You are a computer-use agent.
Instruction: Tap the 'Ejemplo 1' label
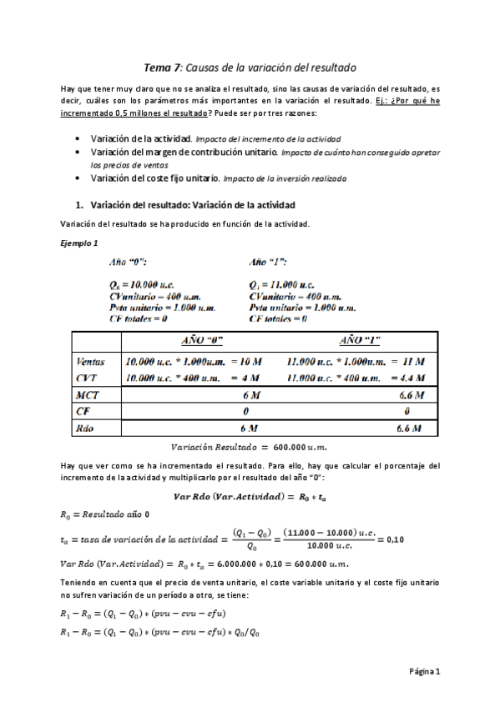point(80,243)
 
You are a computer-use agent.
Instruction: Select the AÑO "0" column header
point(201,340)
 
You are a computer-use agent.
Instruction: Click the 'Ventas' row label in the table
point(90,362)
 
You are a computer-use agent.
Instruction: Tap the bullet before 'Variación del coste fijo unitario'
point(78,178)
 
